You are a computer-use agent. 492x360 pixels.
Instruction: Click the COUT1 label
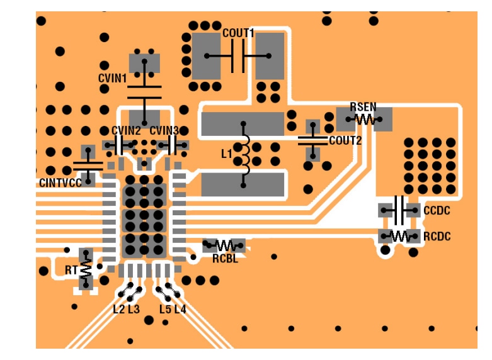coord(238,33)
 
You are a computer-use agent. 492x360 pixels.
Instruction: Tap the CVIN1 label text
coord(113,79)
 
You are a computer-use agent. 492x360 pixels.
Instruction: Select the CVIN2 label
coord(126,130)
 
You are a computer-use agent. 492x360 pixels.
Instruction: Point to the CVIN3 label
coord(164,130)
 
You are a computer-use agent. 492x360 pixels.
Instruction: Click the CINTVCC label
coord(60,183)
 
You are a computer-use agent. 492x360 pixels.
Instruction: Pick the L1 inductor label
coord(227,154)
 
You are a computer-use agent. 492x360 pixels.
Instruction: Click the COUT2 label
coord(345,140)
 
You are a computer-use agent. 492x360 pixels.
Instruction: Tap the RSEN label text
coord(363,107)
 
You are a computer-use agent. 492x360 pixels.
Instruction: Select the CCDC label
coord(437,210)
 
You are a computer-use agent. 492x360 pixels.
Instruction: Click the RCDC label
coord(437,237)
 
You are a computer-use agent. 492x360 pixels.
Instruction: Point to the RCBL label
coord(225,258)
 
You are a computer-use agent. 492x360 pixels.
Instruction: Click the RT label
coord(71,271)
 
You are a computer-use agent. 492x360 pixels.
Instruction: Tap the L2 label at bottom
coord(118,309)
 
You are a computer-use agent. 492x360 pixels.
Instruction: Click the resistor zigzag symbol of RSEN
coord(365,118)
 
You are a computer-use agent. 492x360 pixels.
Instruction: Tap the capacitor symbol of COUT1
coord(238,56)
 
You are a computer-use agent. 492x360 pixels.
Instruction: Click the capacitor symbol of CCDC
coord(399,210)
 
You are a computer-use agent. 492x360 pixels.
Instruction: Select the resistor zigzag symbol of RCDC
coord(399,237)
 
